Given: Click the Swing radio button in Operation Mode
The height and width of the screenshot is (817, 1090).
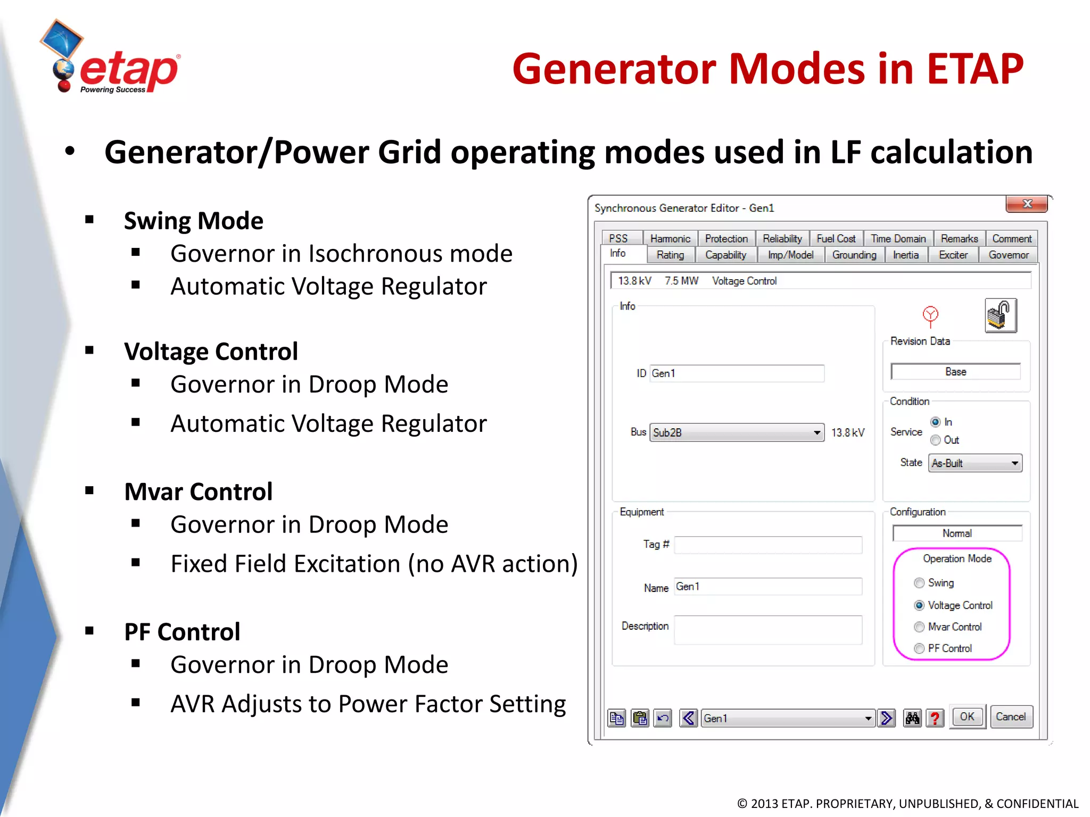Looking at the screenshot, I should pos(919,583).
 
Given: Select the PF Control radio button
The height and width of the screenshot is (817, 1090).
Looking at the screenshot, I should pos(919,648).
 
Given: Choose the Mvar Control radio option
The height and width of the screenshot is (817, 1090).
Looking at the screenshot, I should pos(919,627).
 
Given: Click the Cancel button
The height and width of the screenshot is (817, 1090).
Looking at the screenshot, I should pos(1011,717).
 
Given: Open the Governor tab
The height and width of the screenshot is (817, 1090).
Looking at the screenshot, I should pos(1008,255).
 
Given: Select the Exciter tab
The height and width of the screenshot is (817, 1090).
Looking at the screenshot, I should pos(953,255).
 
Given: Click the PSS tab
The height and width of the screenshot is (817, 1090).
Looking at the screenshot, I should pos(618,239).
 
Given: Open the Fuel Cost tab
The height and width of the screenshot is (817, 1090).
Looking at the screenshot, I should pos(836,239).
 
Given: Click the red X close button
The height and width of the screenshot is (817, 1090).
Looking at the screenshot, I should pos(1027,204).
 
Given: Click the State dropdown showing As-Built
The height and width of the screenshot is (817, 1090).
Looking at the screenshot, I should pos(975,463).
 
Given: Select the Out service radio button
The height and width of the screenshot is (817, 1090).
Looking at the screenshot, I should pos(936,440).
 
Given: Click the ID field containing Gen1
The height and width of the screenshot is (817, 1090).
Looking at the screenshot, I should pos(737,373).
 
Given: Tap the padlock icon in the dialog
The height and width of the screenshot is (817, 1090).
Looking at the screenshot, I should pos(1001,315).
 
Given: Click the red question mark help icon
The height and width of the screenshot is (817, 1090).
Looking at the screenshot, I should pos(935,719).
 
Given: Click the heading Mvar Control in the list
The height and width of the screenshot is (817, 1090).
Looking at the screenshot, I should pos(198,491).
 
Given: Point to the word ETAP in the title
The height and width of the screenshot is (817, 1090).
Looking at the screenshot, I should pos(975,69).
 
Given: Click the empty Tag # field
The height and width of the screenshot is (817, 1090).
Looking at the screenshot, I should pos(767,545).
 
